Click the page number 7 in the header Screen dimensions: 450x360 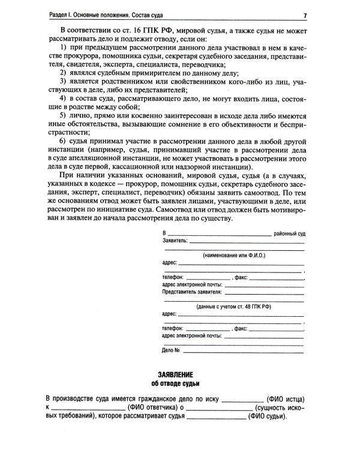click(x=305, y=14)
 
